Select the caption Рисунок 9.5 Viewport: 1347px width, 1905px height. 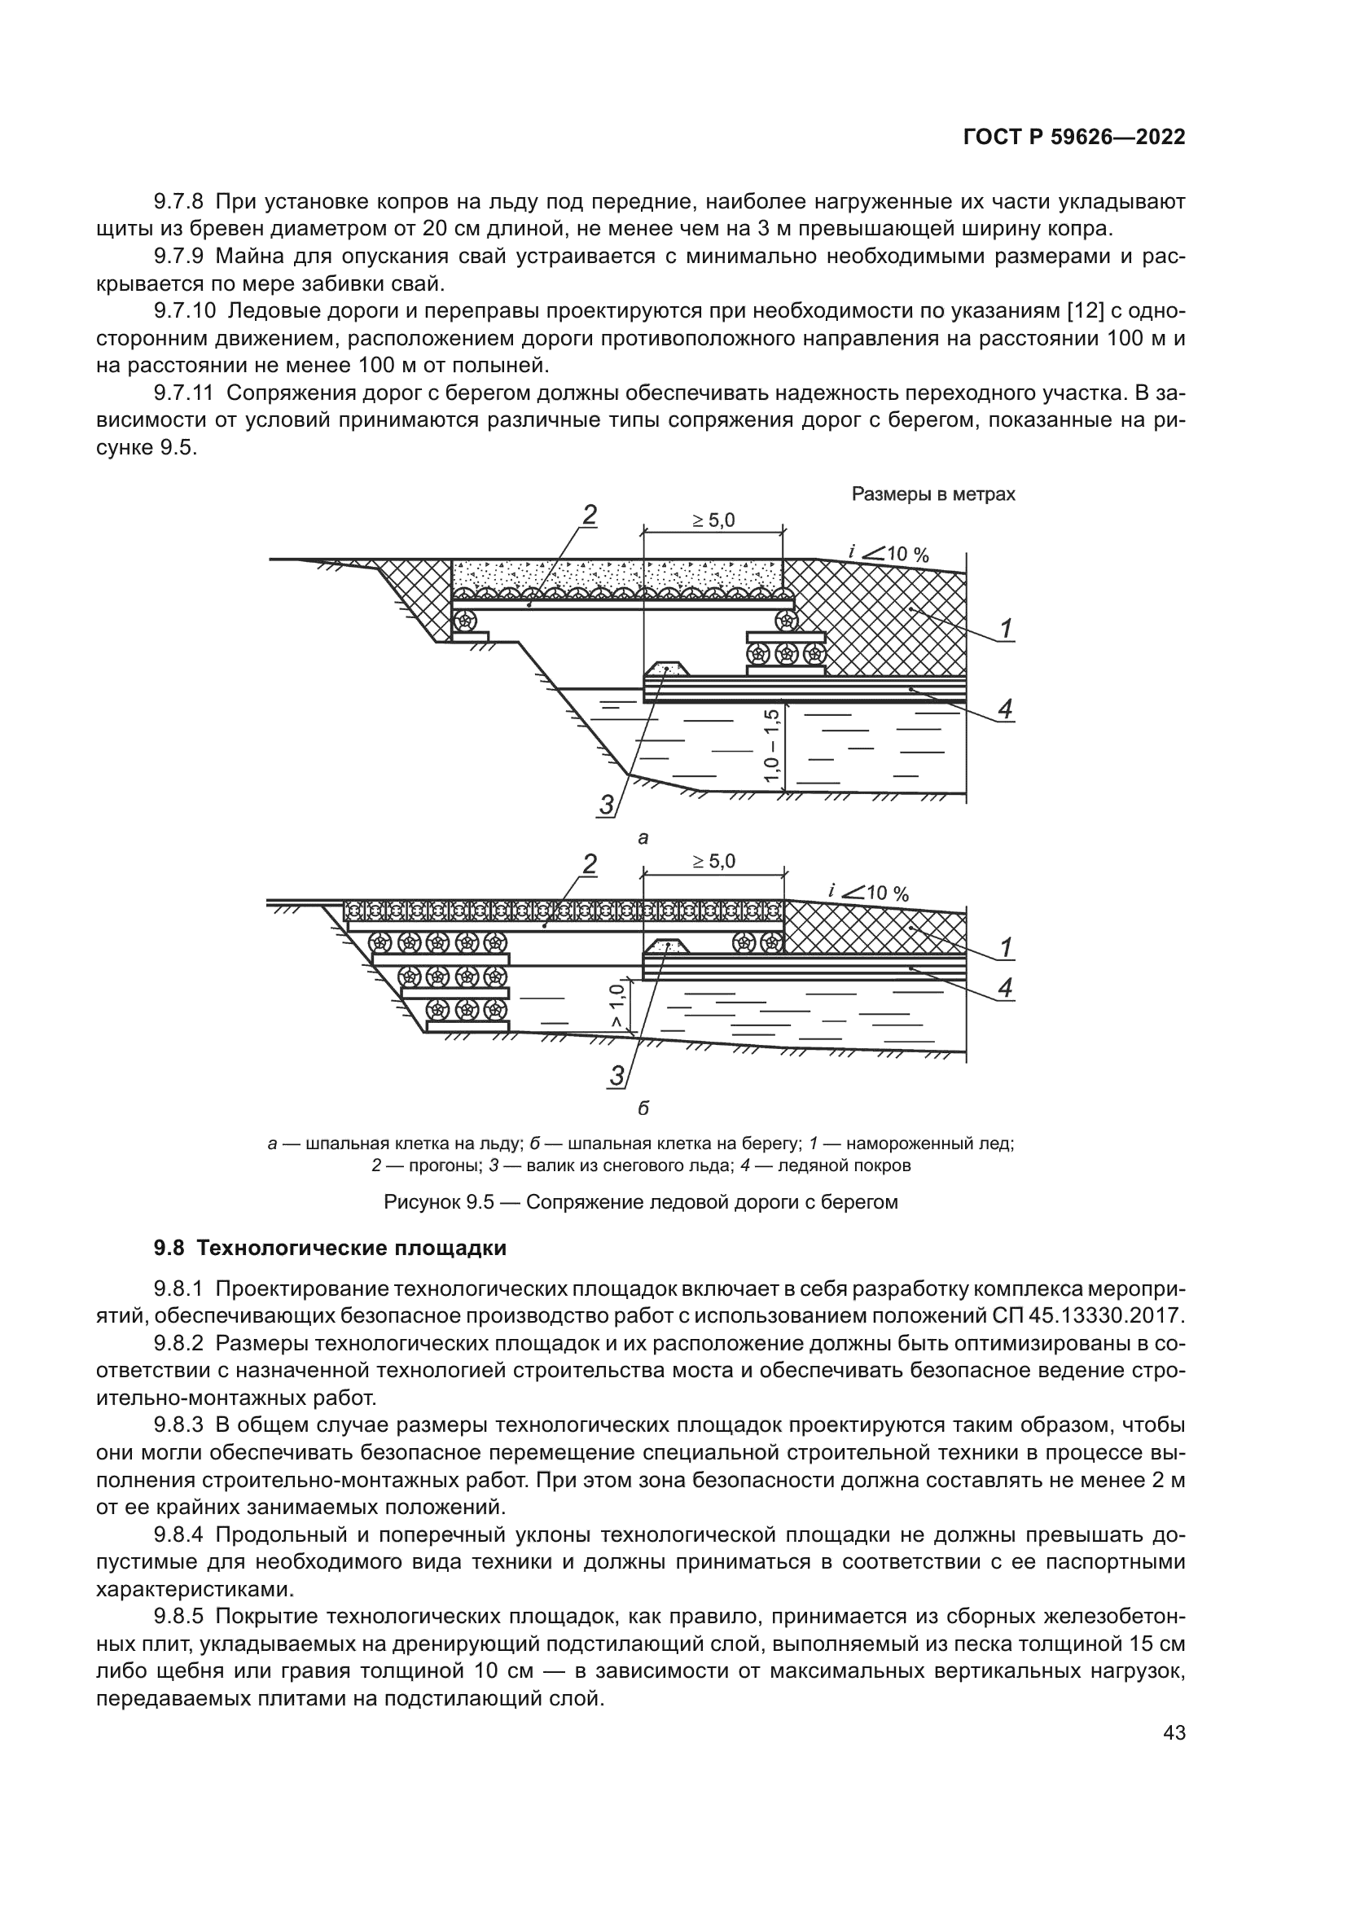pyautogui.click(x=640, y=1201)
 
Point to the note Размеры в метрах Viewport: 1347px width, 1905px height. pyautogui.click(x=933, y=494)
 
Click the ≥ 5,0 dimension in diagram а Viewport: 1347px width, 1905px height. pyautogui.click(x=713, y=520)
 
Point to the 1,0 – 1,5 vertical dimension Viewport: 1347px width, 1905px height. pyautogui.click(x=772, y=745)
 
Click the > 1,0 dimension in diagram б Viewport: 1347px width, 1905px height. pyautogui.click(x=616, y=1007)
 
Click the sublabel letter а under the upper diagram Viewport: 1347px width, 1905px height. pyautogui.click(x=643, y=838)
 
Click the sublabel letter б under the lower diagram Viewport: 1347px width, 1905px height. pyautogui.click(x=643, y=1108)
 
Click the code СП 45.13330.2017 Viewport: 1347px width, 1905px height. pyautogui.click(x=1088, y=1316)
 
